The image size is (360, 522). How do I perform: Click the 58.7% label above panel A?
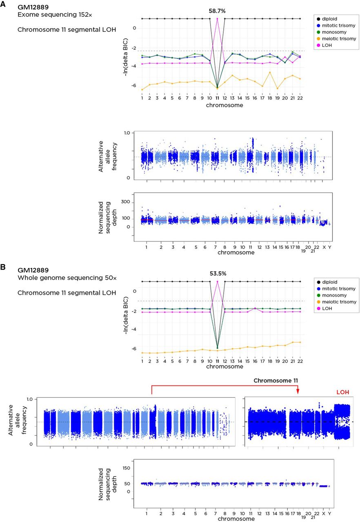(x=217, y=11)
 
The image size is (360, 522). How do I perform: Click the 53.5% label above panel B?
(x=218, y=274)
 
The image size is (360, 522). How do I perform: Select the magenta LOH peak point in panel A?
(x=217, y=19)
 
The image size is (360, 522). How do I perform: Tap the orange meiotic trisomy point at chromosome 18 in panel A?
(x=270, y=72)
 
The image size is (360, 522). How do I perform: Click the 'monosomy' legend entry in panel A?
(x=332, y=32)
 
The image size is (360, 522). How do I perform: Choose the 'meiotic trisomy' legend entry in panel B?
(x=337, y=302)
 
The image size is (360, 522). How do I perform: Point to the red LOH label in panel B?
(x=343, y=392)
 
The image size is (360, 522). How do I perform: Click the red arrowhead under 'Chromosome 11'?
(x=298, y=392)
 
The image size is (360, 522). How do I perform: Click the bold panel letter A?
(x=2, y=4)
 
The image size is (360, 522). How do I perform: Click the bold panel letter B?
(x=2, y=267)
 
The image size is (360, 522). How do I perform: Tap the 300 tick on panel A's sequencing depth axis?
(x=125, y=202)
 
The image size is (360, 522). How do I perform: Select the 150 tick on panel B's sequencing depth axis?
(x=126, y=468)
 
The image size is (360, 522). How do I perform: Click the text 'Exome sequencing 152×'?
(x=55, y=15)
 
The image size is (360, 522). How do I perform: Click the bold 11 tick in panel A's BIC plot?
(x=217, y=98)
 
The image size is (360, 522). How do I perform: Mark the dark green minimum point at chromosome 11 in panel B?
(x=218, y=348)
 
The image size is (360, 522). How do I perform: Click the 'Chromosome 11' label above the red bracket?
(x=276, y=380)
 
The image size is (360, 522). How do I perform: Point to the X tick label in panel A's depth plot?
(x=324, y=247)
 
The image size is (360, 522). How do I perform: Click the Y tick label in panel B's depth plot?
(x=329, y=513)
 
